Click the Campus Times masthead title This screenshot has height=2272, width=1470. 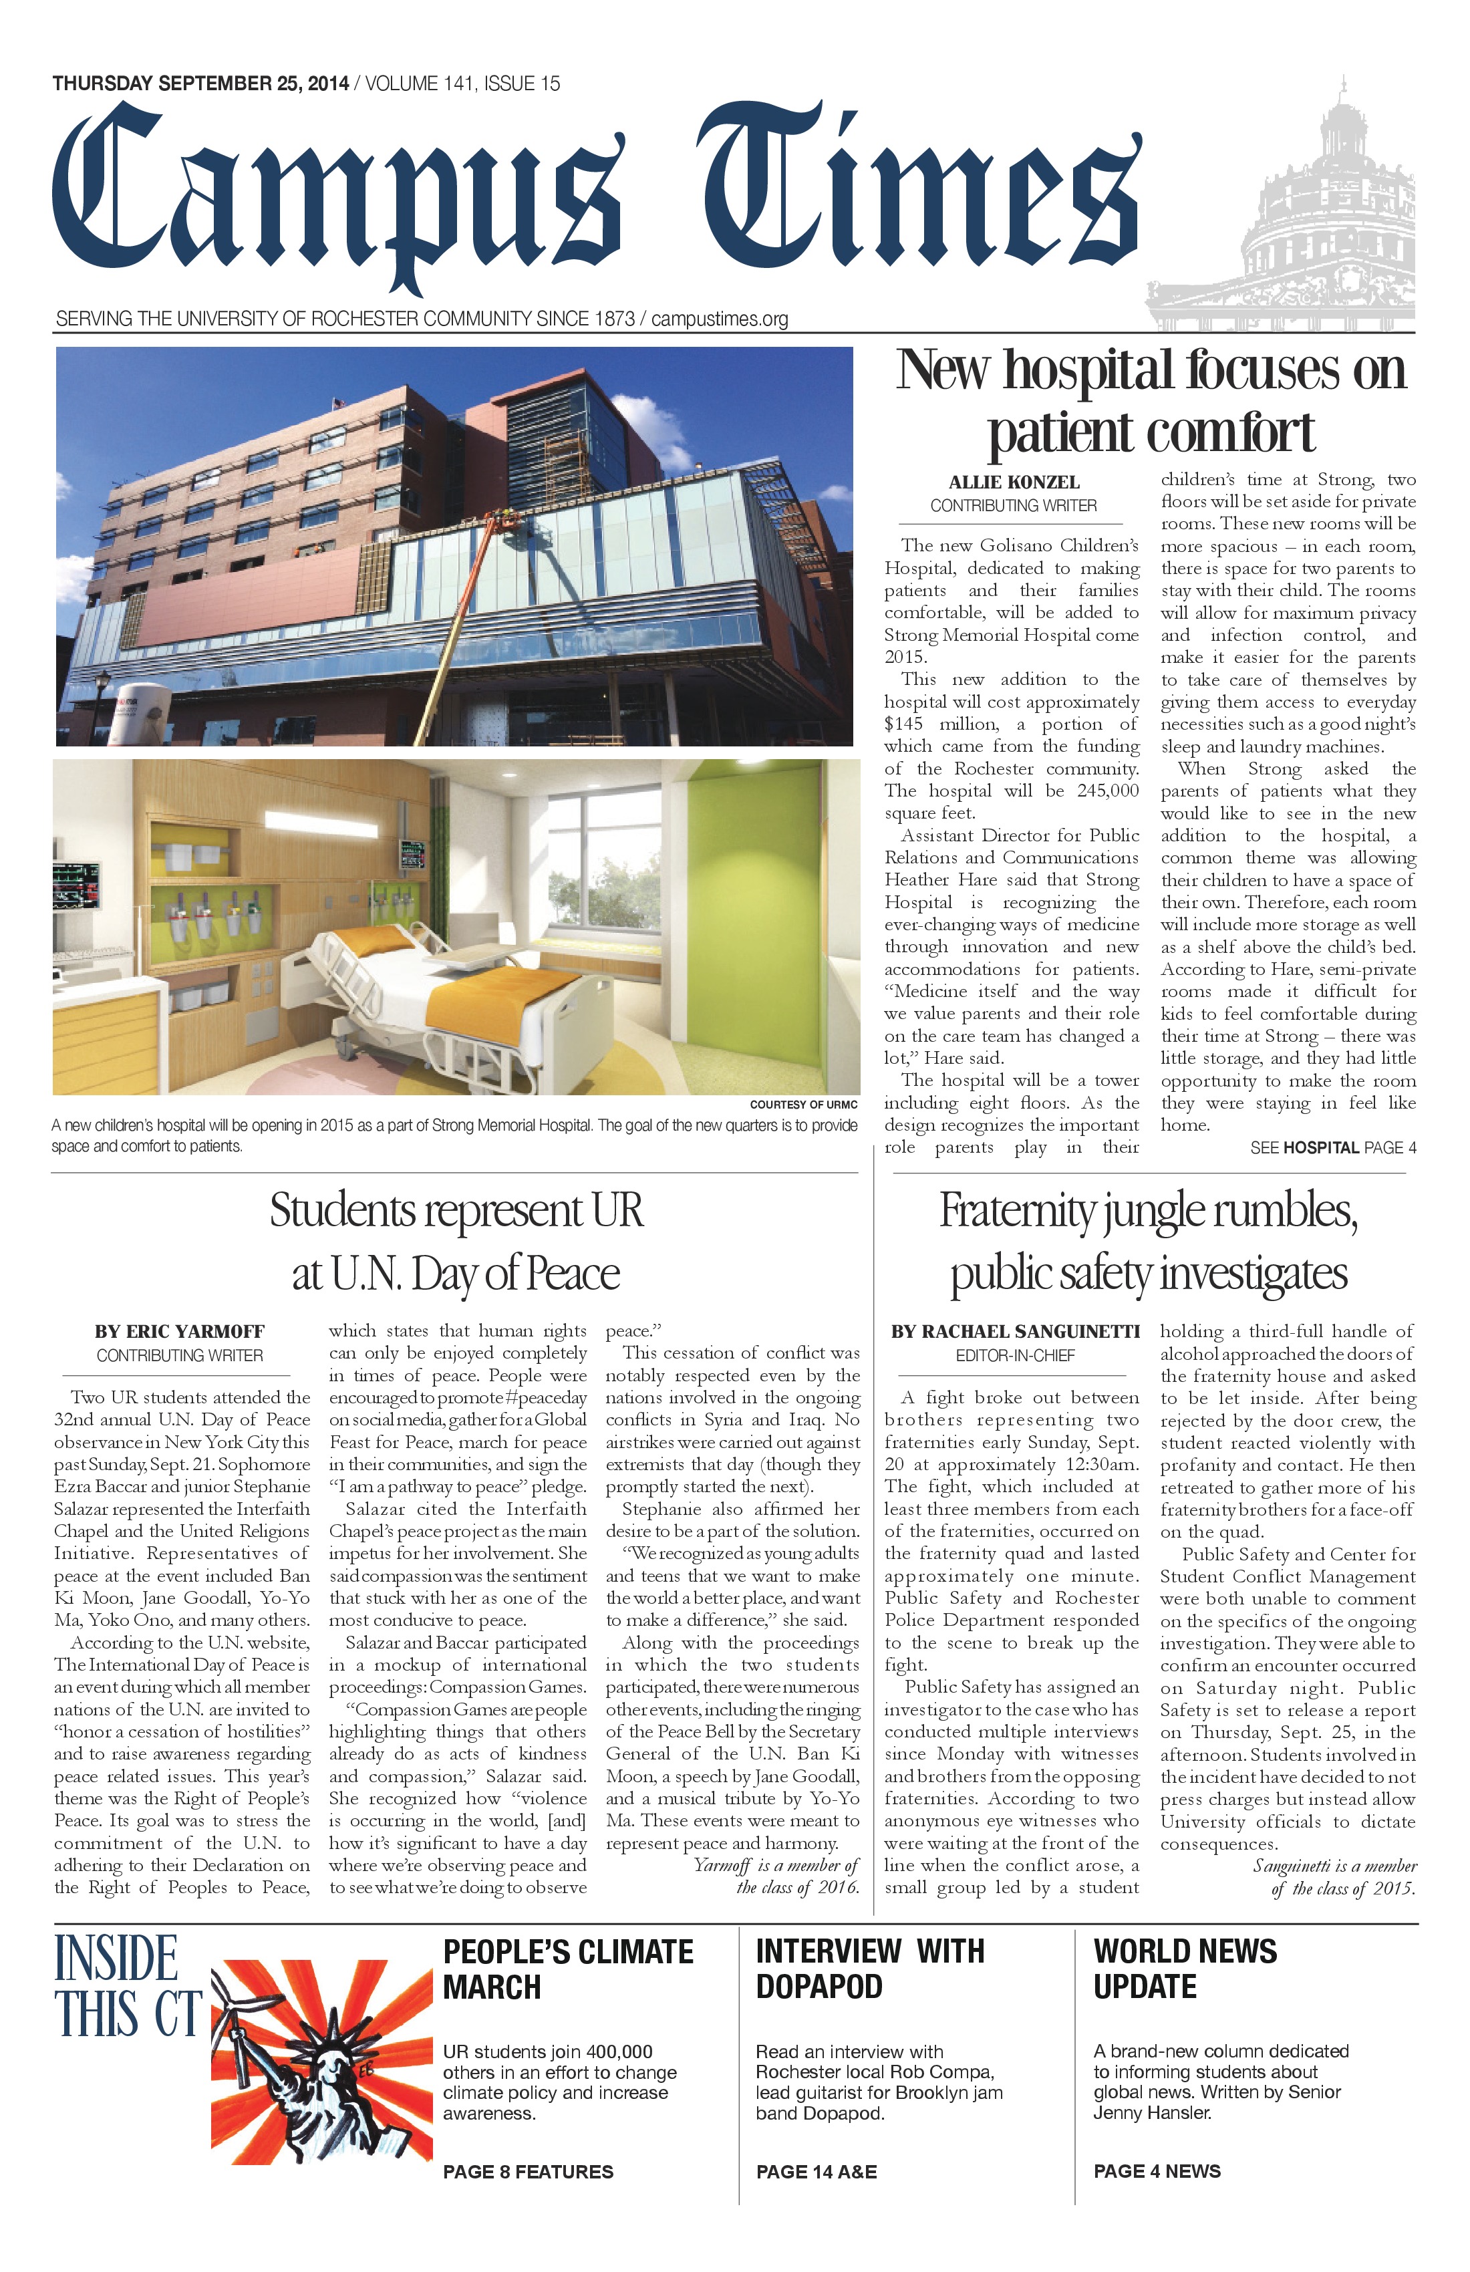coord(597,196)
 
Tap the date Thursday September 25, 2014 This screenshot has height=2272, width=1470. coord(200,84)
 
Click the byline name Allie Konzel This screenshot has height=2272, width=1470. coord(1014,483)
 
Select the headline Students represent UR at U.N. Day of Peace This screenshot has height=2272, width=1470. coord(456,1241)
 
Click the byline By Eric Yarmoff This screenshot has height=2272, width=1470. coord(180,1332)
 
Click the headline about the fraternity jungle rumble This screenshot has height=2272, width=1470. coord(1149,1241)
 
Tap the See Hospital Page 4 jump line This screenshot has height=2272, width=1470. coord(1332,1147)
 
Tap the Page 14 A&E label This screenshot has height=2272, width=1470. coord(816,2172)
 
